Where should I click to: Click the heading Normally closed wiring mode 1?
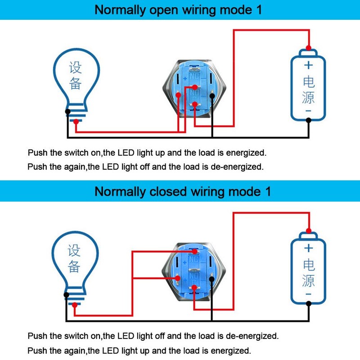tap(183, 191)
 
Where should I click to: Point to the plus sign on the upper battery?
tap(308, 65)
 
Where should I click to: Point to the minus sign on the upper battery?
tap(309, 110)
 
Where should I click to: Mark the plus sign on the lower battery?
tap(309, 248)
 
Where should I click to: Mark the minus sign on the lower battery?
tap(309, 293)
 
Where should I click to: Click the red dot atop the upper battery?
tap(308, 48)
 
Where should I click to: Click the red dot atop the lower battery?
tap(308, 230)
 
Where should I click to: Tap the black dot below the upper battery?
tap(308, 120)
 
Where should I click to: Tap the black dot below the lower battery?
tap(308, 303)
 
